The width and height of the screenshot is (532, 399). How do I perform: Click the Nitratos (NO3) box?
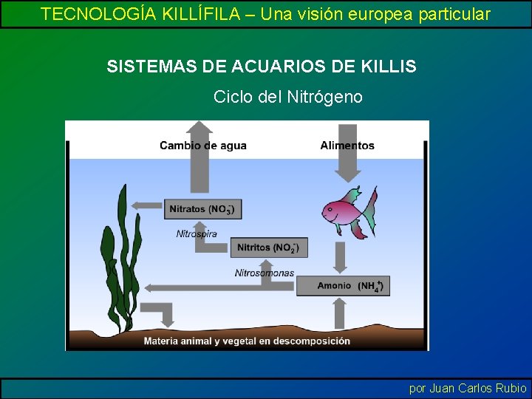202,209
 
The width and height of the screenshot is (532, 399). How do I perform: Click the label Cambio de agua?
203,146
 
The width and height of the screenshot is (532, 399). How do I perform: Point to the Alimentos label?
347,146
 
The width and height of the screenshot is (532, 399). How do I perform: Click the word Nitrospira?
197,233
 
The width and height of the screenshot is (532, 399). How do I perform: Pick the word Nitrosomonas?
264,273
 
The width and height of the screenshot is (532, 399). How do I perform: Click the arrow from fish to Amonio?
341,257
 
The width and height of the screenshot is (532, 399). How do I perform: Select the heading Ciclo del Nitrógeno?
288,97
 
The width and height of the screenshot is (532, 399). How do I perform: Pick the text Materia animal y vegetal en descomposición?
247,341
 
